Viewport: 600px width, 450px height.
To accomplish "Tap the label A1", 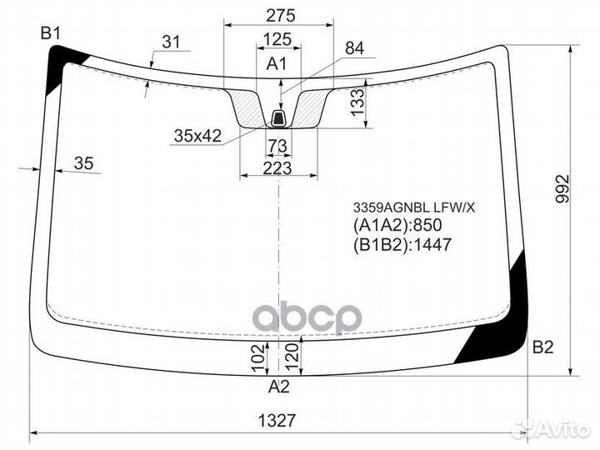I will (277, 64).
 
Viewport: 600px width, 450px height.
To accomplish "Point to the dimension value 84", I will (354, 48).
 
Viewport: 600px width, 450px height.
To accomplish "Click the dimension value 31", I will (171, 42).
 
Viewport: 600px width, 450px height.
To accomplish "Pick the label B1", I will (52, 33).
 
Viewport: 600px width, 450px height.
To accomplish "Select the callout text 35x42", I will (197, 136).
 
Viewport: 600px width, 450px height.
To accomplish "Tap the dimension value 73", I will (277, 147).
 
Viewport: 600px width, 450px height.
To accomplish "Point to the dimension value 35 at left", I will (83, 163).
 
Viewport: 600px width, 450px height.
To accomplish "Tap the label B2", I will (542, 347).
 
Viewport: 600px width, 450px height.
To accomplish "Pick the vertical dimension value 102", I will (257, 358).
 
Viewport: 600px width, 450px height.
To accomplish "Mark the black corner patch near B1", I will (62, 62).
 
